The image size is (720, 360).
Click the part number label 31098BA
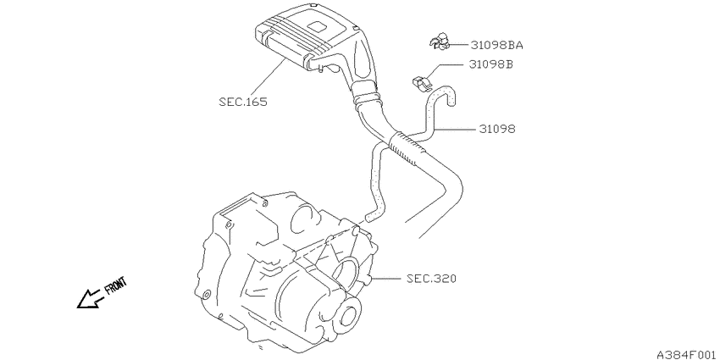click(x=496, y=45)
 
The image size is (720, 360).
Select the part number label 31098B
click(x=490, y=64)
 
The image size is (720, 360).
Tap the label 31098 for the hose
click(x=497, y=130)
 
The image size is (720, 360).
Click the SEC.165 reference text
click(x=243, y=102)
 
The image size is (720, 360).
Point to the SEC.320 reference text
click(x=431, y=279)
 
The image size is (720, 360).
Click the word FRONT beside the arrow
click(x=116, y=285)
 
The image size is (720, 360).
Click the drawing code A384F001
click(x=687, y=354)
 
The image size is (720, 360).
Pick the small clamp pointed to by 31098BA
click(x=440, y=42)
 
